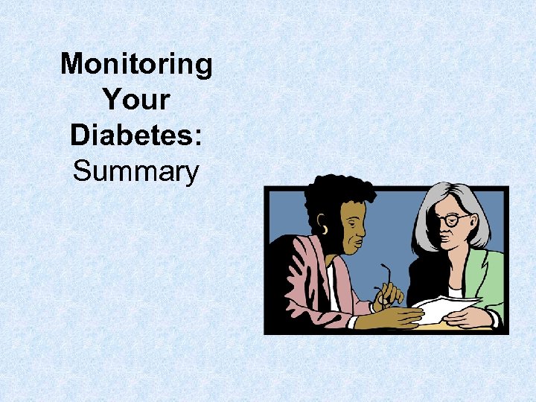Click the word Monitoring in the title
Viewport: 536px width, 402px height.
136,64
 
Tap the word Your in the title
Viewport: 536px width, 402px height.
136,100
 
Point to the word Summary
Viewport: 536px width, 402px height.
136,172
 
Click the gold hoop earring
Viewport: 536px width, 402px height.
324,229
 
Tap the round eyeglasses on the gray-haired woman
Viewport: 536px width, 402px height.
452,220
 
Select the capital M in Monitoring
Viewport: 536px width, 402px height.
72,64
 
